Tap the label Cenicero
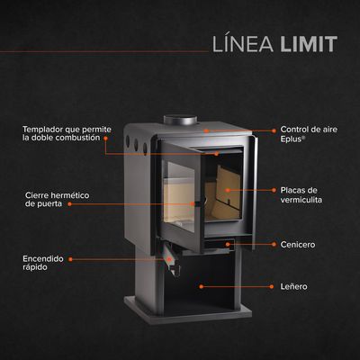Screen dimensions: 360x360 coord(298,244)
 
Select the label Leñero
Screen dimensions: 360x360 coord(293,286)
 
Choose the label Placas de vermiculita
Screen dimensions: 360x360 coord(301,195)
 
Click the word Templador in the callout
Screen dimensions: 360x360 coord(43,129)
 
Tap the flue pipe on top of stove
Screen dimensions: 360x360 coord(175,120)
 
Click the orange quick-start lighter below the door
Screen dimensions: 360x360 coord(167,263)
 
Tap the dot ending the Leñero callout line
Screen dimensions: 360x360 coord(201,286)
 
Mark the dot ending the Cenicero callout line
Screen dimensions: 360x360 coord(229,244)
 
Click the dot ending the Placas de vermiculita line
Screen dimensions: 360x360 coord(225,190)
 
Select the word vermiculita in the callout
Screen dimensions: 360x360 coord(301,201)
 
